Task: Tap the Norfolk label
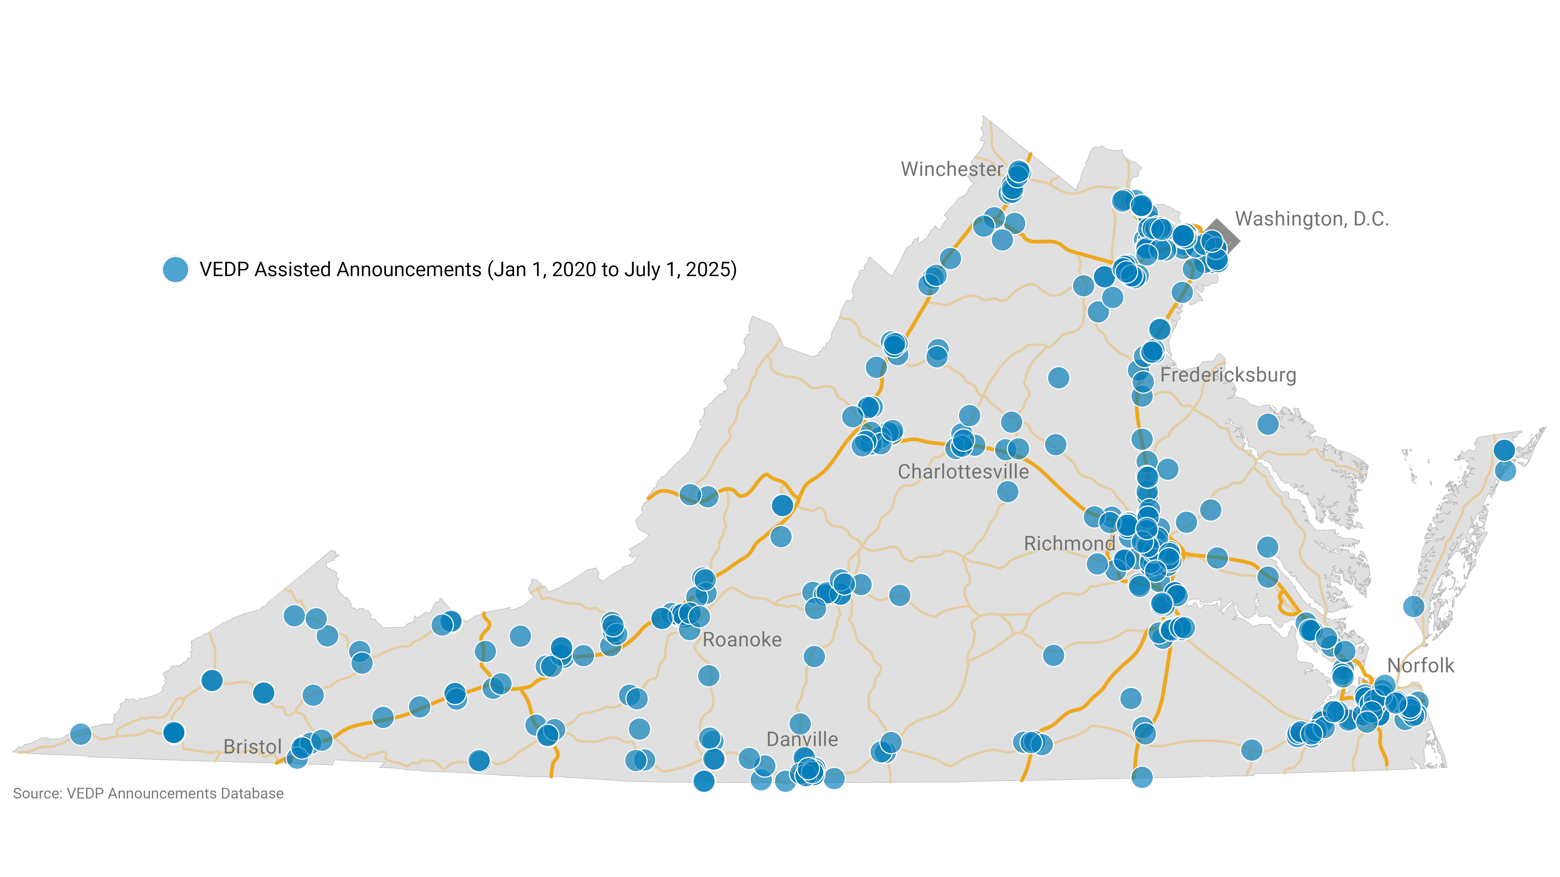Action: point(1420,666)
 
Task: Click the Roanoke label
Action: point(742,640)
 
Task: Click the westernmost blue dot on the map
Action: point(81,734)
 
